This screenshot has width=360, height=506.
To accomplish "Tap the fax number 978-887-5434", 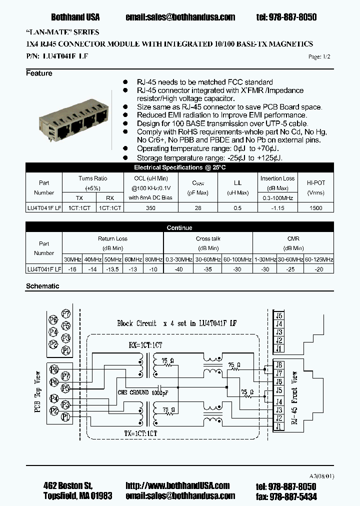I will tap(293, 496).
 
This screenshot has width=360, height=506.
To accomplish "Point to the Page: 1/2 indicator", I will tap(319, 57).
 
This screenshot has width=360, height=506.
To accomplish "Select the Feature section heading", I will tap(39, 73).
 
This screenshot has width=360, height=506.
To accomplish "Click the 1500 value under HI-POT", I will tap(316, 208).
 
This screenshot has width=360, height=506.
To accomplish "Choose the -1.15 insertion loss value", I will tap(277, 208).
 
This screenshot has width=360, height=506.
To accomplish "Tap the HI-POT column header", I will tap(316, 183).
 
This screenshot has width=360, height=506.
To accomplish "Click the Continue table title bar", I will tap(179, 228).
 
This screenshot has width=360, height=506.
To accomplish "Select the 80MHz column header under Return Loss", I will tap(153, 259).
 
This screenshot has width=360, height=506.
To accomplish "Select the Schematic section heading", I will tap(42, 286).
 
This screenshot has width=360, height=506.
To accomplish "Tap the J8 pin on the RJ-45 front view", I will tap(279, 364).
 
